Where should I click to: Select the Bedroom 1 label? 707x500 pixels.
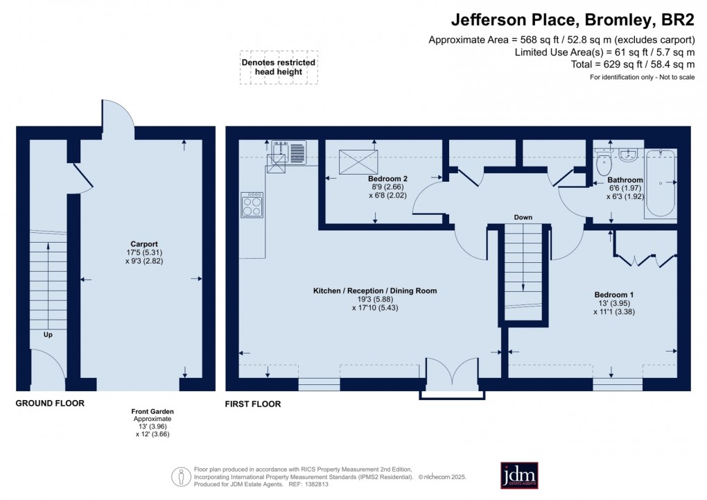613,294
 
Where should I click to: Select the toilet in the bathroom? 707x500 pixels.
603,163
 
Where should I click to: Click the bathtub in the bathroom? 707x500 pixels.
660,182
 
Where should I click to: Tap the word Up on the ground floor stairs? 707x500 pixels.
48,334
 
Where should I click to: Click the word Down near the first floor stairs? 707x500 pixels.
523,218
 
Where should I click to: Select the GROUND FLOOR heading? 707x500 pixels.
50,403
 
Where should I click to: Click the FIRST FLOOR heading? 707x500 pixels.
253,404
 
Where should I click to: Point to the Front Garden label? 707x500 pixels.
152,412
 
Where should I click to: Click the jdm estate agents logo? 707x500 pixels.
519,475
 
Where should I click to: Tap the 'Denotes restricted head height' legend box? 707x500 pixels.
279,67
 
